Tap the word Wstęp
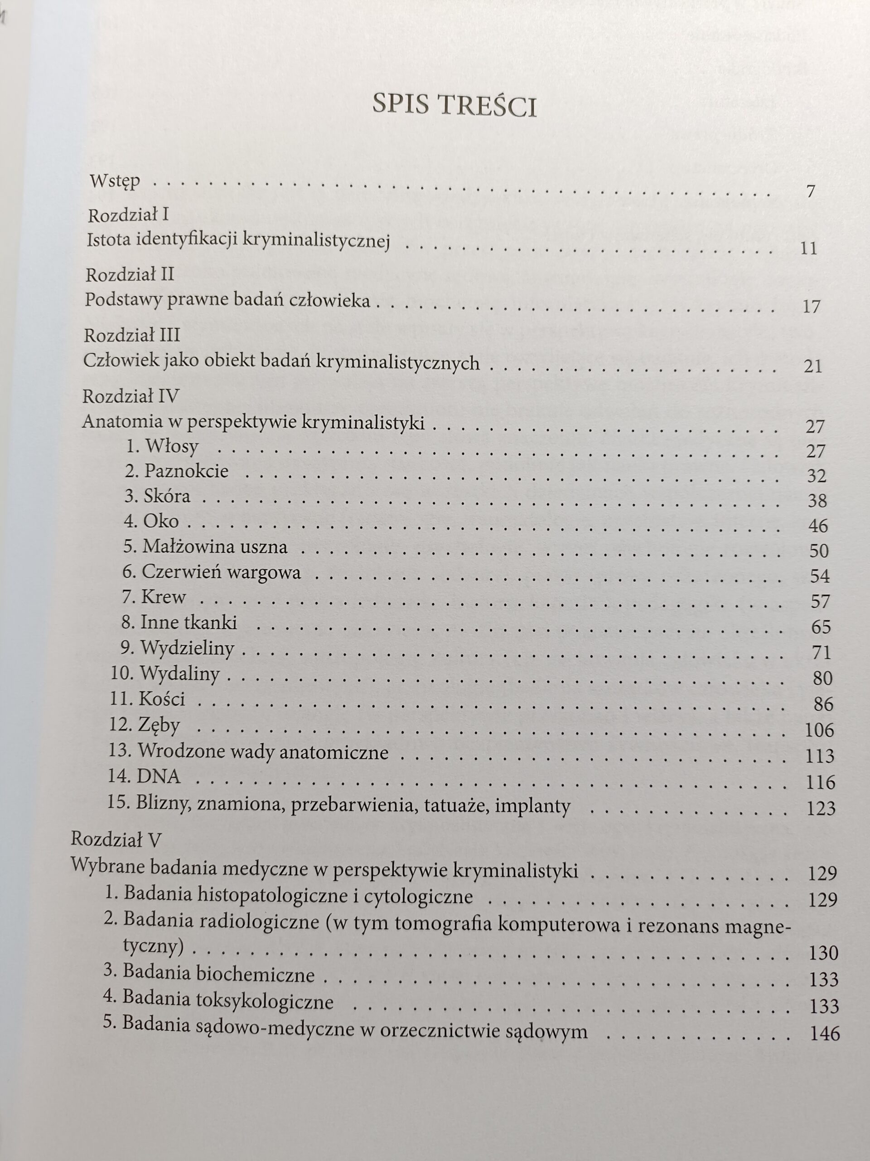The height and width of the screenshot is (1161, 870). coord(115,181)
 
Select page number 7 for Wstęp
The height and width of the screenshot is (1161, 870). coord(811,191)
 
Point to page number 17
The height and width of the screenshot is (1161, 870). coord(811,306)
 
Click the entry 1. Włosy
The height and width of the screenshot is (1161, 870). coord(163,447)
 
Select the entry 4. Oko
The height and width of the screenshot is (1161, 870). coord(151,521)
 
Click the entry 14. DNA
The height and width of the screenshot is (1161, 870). coord(144,776)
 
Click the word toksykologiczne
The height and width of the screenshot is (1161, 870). coord(264,1001)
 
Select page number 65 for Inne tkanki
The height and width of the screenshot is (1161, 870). coord(820,627)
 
